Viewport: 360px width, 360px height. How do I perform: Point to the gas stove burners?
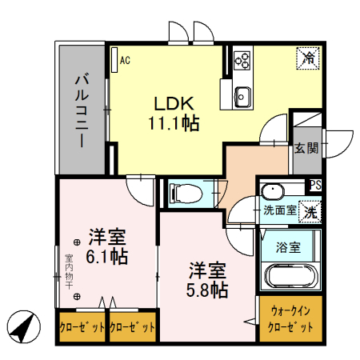click(242, 60)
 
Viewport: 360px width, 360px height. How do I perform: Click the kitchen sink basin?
click(242, 98)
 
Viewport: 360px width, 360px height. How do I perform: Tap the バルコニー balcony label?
click(81, 110)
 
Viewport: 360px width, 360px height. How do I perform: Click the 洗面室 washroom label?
click(279, 211)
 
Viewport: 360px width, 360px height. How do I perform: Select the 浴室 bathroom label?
click(288, 247)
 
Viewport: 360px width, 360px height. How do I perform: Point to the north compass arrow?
click(24, 326)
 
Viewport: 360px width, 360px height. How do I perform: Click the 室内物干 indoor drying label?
click(69, 271)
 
